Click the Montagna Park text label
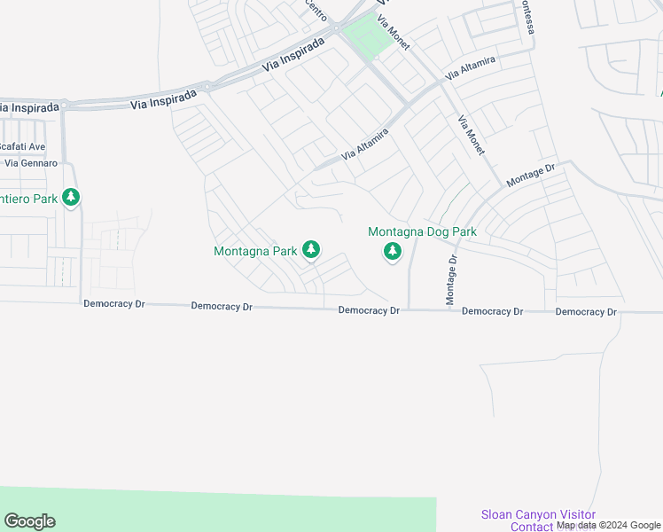(x=255, y=251)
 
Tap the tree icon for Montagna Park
(x=311, y=251)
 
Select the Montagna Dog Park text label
(x=423, y=232)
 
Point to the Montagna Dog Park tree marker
(x=392, y=253)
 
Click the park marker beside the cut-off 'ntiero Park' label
(x=71, y=199)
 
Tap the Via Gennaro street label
(x=31, y=163)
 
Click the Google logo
(x=29, y=521)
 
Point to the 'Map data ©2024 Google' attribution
(x=609, y=525)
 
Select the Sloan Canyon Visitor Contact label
(x=538, y=520)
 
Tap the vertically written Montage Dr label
(x=451, y=280)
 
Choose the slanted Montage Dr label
(x=530, y=175)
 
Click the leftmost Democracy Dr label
(x=114, y=303)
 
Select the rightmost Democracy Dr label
(x=586, y=312)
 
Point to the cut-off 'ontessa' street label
(x=528, y=16)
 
